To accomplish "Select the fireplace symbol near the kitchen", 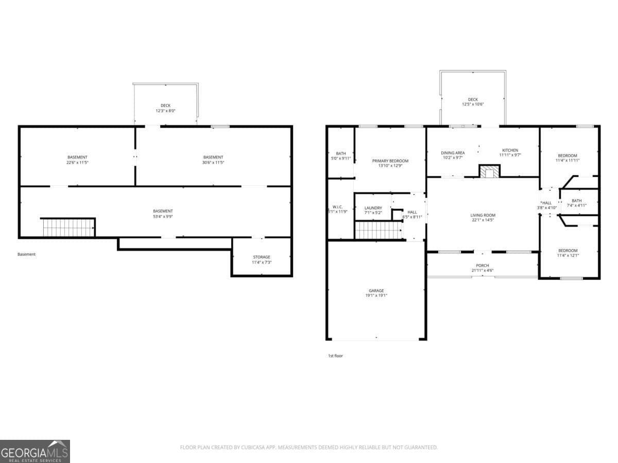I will [x=489, y=171].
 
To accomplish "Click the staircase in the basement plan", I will [x=68, y=227].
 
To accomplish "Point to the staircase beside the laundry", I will [x=379, y=230].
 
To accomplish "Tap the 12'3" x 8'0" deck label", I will [x=165, y=111].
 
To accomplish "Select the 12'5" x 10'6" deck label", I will [x=472, y=104].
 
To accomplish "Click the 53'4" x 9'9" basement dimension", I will [x=163, y=217].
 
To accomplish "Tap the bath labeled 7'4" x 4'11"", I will [x=576, y=203].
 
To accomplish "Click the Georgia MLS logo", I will [x=35, y=451].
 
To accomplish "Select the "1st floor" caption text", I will [x=335, y=355].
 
